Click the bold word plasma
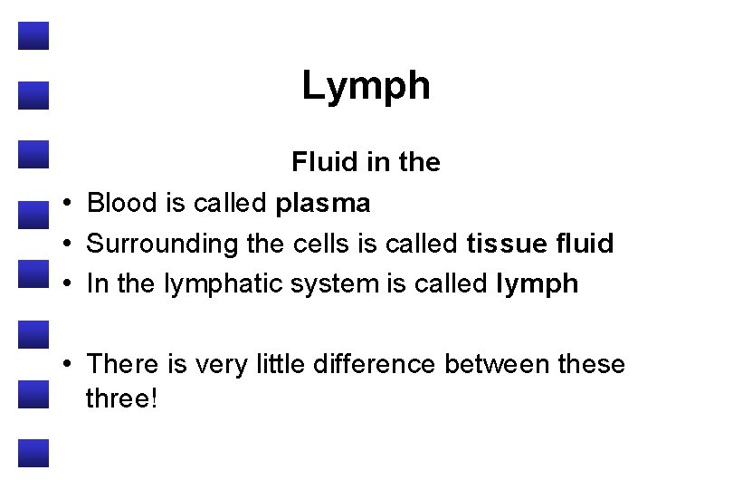point(323,205)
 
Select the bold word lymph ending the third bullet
point(538,284)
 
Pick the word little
point(281,364)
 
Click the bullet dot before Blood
point(68,205)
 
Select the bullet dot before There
point(68,365)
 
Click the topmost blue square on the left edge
point(33,35)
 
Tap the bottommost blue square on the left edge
point(33,453)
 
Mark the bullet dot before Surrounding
point(68,244)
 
